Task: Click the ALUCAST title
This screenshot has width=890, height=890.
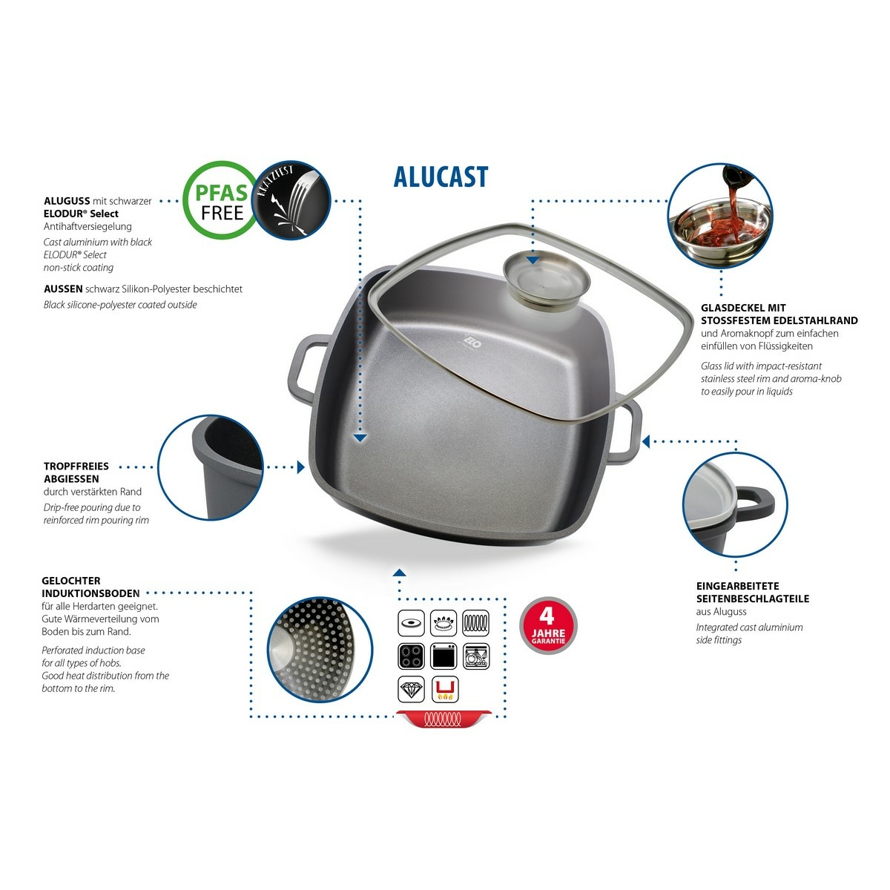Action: point(441,177)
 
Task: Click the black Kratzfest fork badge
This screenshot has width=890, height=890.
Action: point(291,200)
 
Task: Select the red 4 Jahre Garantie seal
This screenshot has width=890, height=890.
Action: point(548,625)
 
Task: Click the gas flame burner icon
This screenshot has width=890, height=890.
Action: point(443,622)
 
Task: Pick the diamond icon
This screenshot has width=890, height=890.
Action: point(411,690)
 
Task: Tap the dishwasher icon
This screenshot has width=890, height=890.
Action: point(475,656)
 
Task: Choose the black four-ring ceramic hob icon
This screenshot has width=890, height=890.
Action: point(411,656)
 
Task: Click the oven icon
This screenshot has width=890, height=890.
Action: point(443,656)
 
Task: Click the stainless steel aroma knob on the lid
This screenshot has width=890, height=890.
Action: point(546,280)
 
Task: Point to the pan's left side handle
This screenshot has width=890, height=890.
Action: point(306,370)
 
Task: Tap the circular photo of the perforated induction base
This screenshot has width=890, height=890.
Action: point(320,649)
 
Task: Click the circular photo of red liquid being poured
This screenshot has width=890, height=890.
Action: point(719,215)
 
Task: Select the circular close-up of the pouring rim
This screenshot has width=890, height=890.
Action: point(211,467)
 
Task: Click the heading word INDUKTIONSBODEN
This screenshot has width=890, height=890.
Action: point(90,593)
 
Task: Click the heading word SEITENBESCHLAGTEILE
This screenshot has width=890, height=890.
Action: point(752,599)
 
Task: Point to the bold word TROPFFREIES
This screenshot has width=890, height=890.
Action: point(76,466)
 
